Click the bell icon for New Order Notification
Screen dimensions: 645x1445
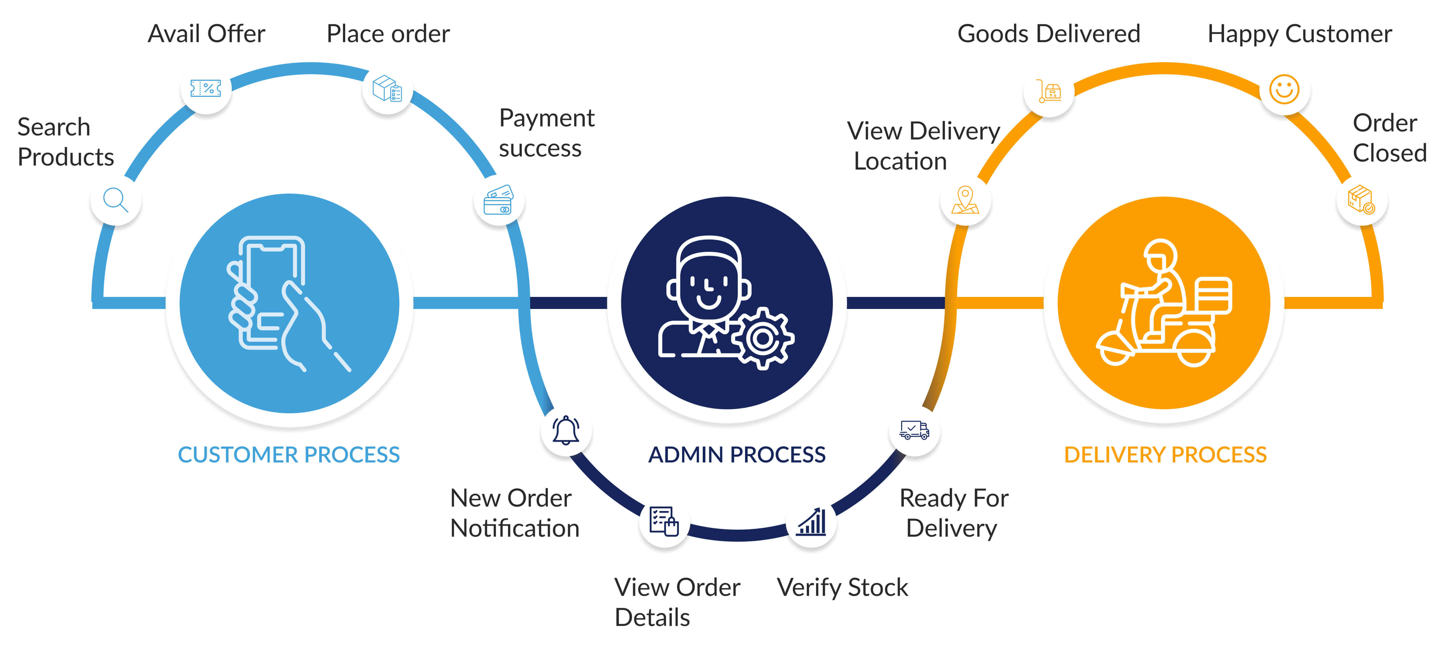point(566,431)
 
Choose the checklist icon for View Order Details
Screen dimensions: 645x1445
point(664,522)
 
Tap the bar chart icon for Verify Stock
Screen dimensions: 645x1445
point(812,522)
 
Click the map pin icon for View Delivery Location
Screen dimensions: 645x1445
point(965,200)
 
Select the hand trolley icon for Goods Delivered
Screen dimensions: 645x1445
point(1049,90)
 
